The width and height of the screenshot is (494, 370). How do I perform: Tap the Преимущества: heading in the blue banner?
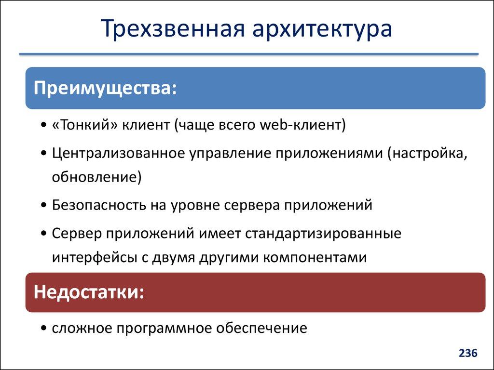[104, 88]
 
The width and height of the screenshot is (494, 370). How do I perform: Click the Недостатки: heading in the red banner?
[89, 292]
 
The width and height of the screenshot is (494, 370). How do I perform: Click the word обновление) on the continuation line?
[97, 177]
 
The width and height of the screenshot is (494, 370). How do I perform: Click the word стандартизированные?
[323, 233]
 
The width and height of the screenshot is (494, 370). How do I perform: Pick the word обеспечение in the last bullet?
[261, 329]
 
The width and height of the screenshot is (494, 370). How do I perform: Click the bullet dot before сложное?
[44, 329]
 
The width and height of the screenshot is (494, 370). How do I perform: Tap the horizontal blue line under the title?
[248, 53]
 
